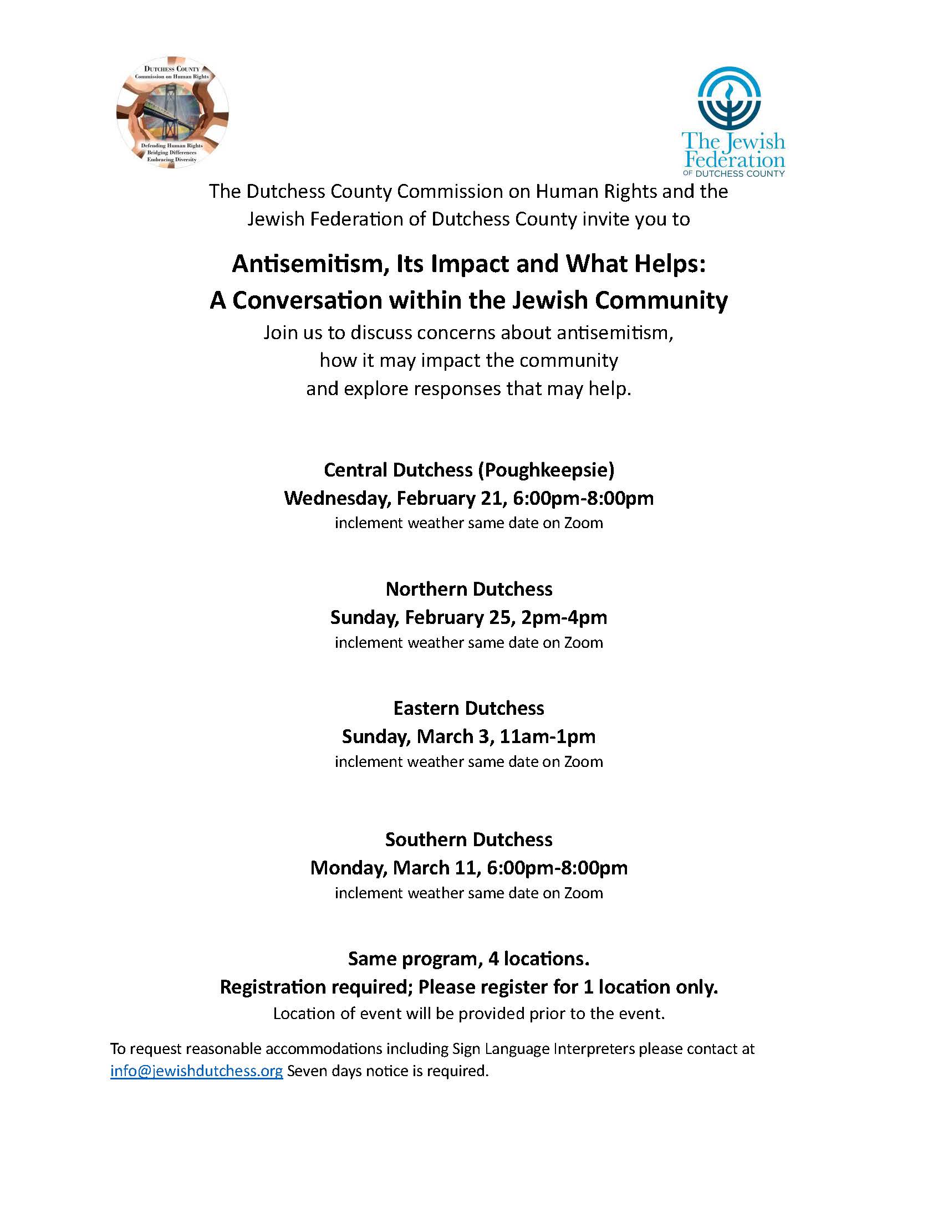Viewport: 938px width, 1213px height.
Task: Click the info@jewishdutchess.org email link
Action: coord(196,1070)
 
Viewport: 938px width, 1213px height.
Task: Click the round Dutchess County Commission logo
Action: coord(172,112)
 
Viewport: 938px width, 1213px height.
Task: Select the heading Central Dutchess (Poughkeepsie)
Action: coord(469,470)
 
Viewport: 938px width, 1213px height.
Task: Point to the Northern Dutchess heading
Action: coord(469,588)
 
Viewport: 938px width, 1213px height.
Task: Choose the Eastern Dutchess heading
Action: coord(469,708)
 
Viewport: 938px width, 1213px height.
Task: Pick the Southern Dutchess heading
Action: coord(469,839)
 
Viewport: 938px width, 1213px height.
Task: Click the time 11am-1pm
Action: coord(547,736)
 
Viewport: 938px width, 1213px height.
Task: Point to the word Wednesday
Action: coord(337,498)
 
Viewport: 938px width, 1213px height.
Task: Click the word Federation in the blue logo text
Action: coord(735,161)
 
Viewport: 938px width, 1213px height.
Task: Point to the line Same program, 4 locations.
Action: coord(469,959)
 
